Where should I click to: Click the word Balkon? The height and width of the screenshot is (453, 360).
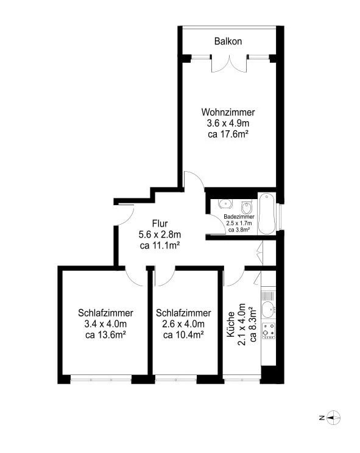coord(228,41)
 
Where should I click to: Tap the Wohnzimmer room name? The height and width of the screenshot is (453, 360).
coord(228,112)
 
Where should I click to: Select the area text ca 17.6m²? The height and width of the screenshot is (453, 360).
coord(228,134)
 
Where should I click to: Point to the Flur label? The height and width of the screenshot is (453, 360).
coord(160,223)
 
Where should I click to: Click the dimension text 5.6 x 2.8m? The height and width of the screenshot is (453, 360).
coord(160,234)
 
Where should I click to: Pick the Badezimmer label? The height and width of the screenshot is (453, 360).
coord(239,217)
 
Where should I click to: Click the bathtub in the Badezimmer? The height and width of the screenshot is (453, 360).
coord(266,214)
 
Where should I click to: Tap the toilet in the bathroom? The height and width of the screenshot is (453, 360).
coord(246,205)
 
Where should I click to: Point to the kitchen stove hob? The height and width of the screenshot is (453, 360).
coord(268,331)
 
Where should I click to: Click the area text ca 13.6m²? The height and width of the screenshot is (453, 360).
coord(105,335)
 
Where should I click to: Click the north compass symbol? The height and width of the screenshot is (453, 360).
coord(332,418)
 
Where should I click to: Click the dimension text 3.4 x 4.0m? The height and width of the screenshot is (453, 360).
coord(105,324)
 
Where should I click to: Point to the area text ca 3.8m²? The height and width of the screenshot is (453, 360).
coord(239,230)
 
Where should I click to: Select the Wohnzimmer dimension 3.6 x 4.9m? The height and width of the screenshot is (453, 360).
coord(228,123)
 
